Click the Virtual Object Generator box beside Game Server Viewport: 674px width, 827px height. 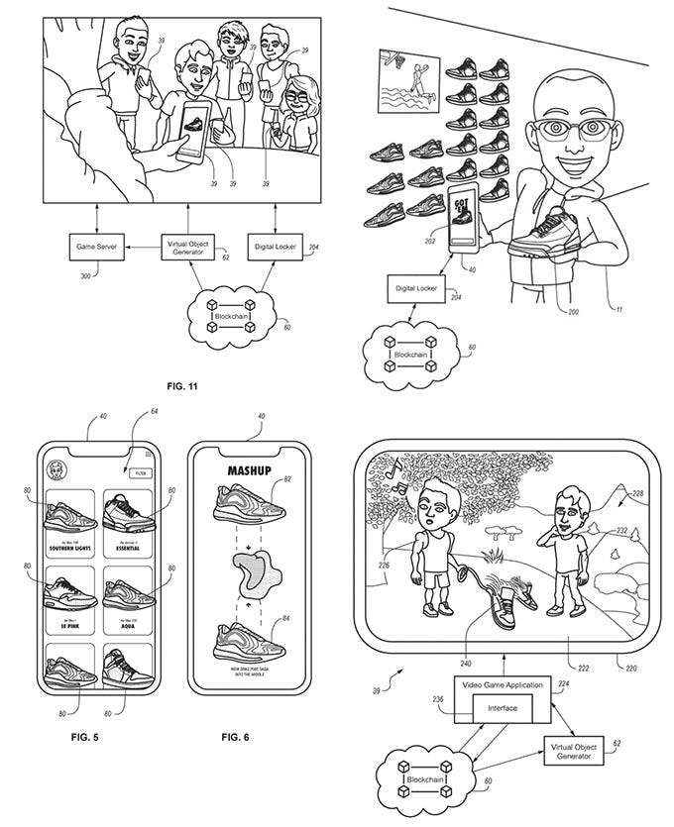(x=188, y=249)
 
